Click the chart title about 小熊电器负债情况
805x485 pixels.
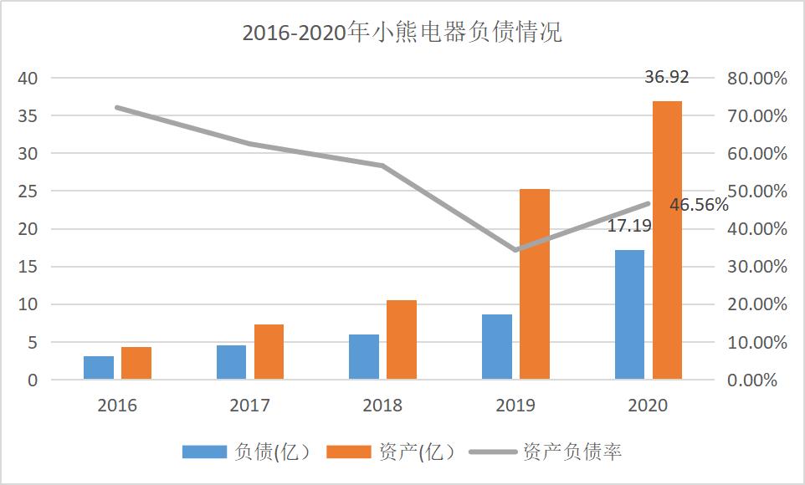[402, 33]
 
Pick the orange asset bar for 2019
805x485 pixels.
[535, 284]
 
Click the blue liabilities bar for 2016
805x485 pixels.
[99, 368]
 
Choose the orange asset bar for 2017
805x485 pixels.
[269, 352]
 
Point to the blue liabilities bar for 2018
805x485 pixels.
[364, 357]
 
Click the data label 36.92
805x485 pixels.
[666, 78]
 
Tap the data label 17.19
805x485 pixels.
[629, 225]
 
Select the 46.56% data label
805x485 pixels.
[699, 205]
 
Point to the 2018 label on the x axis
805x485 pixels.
[382, 406]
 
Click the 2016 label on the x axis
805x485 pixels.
[117, 406]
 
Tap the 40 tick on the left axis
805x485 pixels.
[28, 79]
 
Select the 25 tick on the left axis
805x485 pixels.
[28, 191]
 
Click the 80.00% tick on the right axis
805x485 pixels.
[756, 79]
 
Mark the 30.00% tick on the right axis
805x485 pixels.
[756, 267]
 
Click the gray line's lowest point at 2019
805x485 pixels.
[515, 250]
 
